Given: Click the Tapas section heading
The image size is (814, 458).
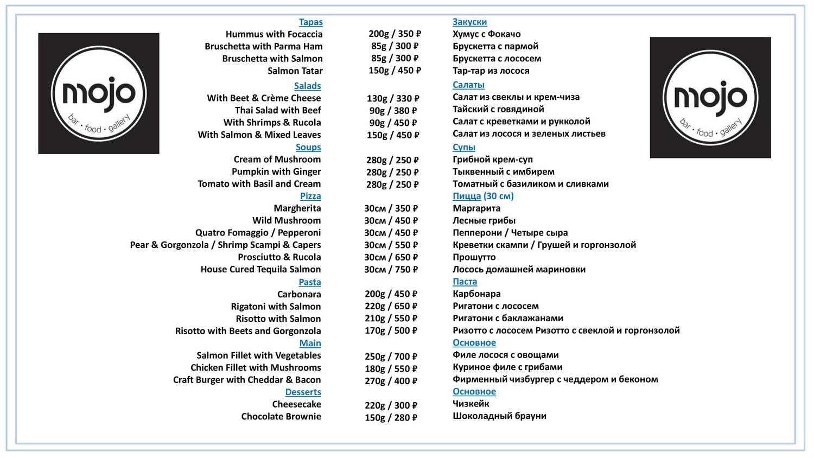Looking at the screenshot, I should click(310, 22).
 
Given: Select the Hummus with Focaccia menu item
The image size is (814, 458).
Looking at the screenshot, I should click(274, 34).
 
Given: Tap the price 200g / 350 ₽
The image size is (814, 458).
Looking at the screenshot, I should click(395, 34).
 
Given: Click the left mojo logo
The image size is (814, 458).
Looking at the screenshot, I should click(99, 93).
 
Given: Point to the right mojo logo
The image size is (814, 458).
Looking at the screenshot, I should click(710, 98).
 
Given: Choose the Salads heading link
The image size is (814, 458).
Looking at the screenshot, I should click(307, 86).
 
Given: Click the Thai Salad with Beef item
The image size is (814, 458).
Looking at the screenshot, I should click(278, 110).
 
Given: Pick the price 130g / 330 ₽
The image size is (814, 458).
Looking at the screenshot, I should click(393, 98).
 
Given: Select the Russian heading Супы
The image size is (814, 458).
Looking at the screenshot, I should click(464, 147).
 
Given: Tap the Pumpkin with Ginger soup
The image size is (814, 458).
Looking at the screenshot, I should click(276, 171).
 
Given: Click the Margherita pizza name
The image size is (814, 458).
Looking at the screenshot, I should click(297, 208).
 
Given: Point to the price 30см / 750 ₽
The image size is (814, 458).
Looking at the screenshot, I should click(391, 270).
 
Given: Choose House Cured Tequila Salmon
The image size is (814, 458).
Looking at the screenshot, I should click(260, 269).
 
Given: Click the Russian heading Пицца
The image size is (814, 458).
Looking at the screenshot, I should click(467, 196).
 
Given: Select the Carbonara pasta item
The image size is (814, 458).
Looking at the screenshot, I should click(299, 294).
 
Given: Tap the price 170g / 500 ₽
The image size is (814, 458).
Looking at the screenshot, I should click(391, 330).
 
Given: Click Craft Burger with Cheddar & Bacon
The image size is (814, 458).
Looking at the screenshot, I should click(247, 380).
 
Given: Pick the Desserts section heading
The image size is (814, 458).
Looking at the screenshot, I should click(303, 392).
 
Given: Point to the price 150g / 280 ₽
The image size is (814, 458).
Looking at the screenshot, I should click(391, 417).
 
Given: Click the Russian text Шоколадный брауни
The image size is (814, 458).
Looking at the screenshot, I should click(499, 416).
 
